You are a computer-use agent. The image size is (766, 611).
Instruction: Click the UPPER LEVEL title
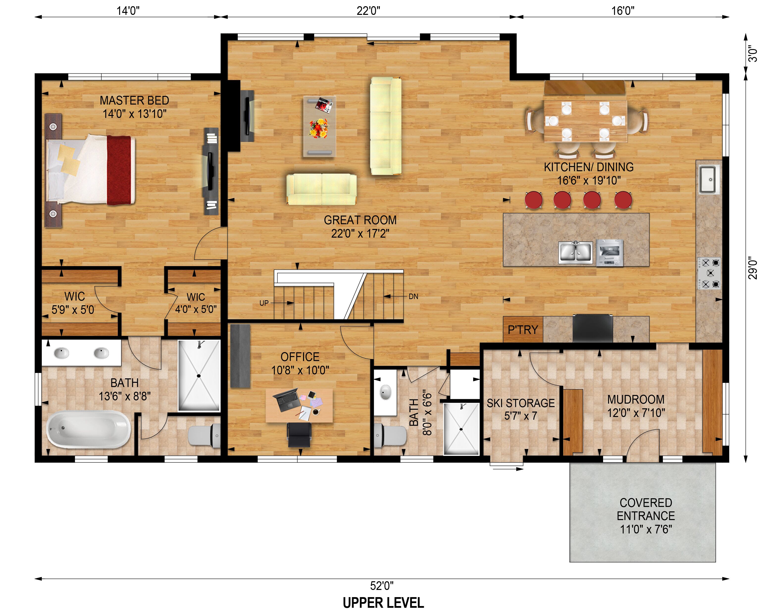pyautogui.click(x=383, y=603)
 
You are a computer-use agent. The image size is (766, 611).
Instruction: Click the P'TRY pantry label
pyautogui.click(x=523, y=330)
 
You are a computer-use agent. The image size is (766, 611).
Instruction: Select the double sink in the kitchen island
pyautogui.click(x=575, y=252)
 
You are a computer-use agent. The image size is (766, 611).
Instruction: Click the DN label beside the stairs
pyautogui.click(x=413, y=296)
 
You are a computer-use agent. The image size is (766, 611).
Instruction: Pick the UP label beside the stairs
pyautogui.click(x=264, y=303)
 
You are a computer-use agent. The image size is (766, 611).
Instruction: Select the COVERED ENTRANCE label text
pyautogui.click(x=646, y=516)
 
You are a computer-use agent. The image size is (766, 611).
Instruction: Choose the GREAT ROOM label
pyautogui.click(x=360, y=220)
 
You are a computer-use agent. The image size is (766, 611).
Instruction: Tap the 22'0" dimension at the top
pyautogui.click(x=368, y=11)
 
